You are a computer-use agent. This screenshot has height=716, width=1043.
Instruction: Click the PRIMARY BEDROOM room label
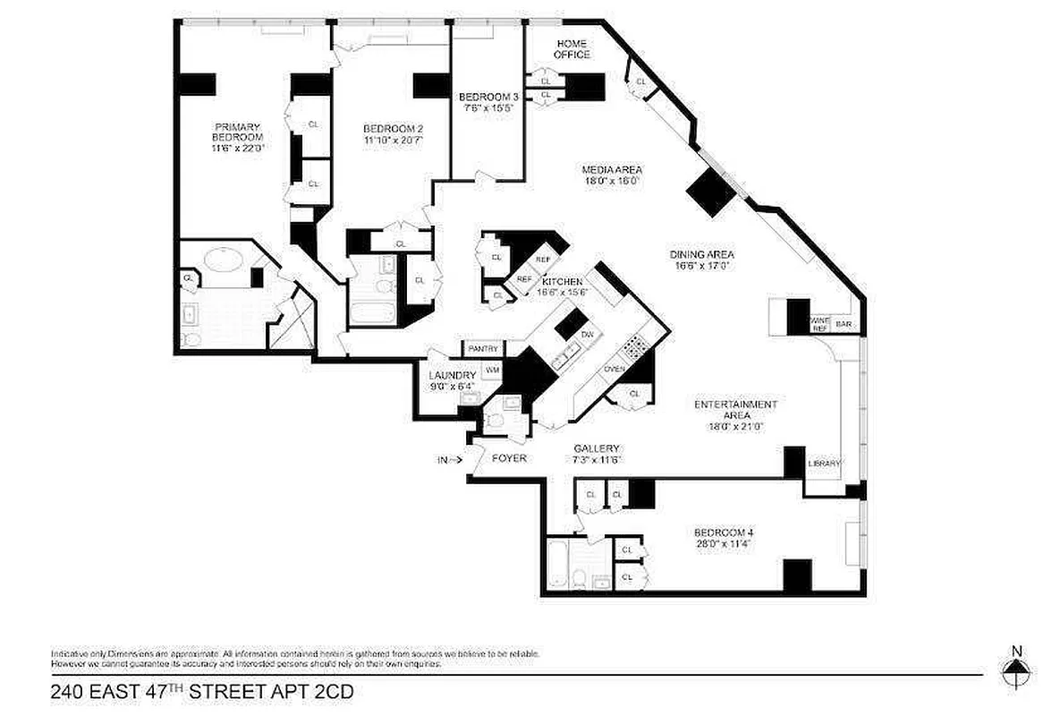click(238, 132)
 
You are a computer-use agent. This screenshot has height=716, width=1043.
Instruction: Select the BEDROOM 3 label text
click(488, 97)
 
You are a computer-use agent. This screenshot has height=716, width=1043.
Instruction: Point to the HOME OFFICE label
click(572, 49)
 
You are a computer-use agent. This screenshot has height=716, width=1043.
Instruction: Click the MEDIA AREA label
click(612, 170)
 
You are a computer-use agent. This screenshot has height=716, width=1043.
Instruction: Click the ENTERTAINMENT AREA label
click(735, 410)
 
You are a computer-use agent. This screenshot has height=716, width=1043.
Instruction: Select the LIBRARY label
click(824, 464)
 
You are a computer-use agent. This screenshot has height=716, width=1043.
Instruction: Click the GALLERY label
click(597, 448)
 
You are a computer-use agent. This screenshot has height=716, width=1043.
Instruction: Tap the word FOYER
click(509, 458)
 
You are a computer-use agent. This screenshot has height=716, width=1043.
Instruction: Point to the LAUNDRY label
click(452, 375)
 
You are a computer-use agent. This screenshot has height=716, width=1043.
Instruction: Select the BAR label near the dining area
click(843, 324)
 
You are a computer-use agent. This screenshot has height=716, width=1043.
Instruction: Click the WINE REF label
click(819, 324)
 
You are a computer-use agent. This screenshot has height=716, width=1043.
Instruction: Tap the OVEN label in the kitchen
click(614, 370)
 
